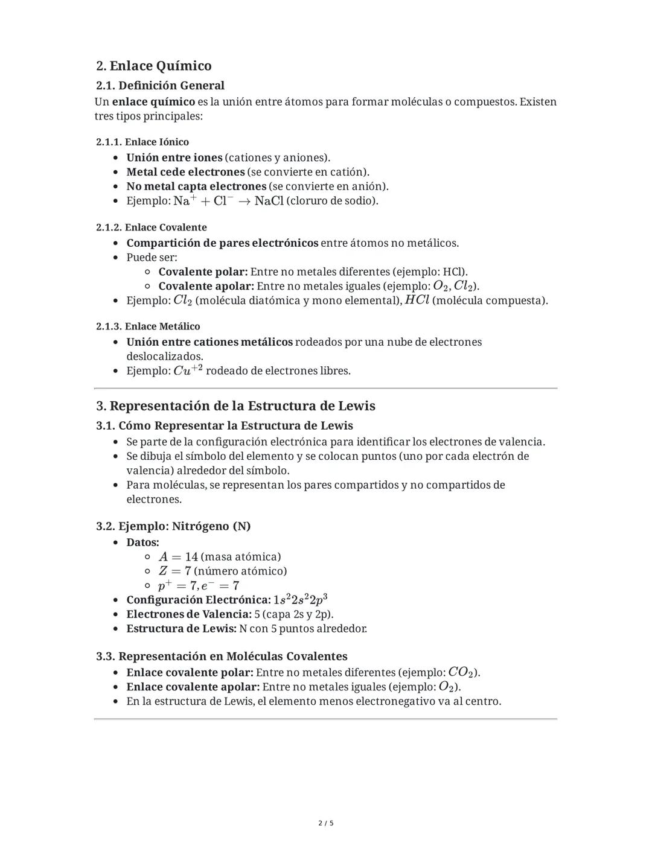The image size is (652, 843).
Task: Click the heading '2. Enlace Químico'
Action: pyautogui.click(x=154, y=66)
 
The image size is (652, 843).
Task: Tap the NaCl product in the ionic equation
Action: pyautogui.click(x=269, y=201)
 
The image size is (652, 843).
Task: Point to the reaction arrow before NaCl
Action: pyautogui.click(x=243, y=201)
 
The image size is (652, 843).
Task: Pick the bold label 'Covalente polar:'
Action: pyautogui.click(x=203, y=272)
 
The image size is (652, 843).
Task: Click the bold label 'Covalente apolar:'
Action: pyautogui.click(x=206, y=286)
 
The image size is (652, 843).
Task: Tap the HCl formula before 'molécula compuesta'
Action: pyautogui.click(x=417, y=301)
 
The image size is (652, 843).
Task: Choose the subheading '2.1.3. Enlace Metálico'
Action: pyautogui.click(x=148, y=326)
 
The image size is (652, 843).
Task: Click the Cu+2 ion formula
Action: pyautogui.click(x=188, y=371)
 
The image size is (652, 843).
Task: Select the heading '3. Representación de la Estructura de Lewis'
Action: pyautogui.click(x=236, y=406)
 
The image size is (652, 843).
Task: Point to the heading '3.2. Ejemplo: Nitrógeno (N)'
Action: pyautogui.click(x=173, y=526)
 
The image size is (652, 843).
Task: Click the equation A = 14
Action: pyautogui.click(x=178, y=557)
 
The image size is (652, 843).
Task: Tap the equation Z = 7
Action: pyautogui.click(x=174, y=571)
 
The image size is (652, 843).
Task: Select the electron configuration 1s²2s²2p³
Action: pyautogui.click(x=300, y=600)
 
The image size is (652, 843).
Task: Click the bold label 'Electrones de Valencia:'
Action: pyautogui.click(x=189, y=614)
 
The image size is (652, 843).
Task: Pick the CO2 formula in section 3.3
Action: pyautogui.click(x=462, y=672)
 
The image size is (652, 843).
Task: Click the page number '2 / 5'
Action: pyautogui.click(x=326, y=823)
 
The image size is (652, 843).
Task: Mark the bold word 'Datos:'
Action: pyautogui.click(x=142, y=542)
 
